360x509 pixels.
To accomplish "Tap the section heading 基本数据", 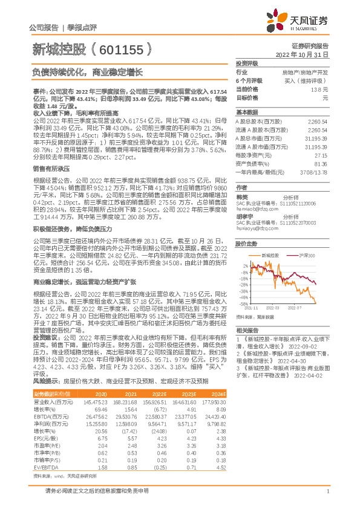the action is click(x=246, y=112).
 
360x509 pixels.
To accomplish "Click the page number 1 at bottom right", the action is click(x=327, y=496).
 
